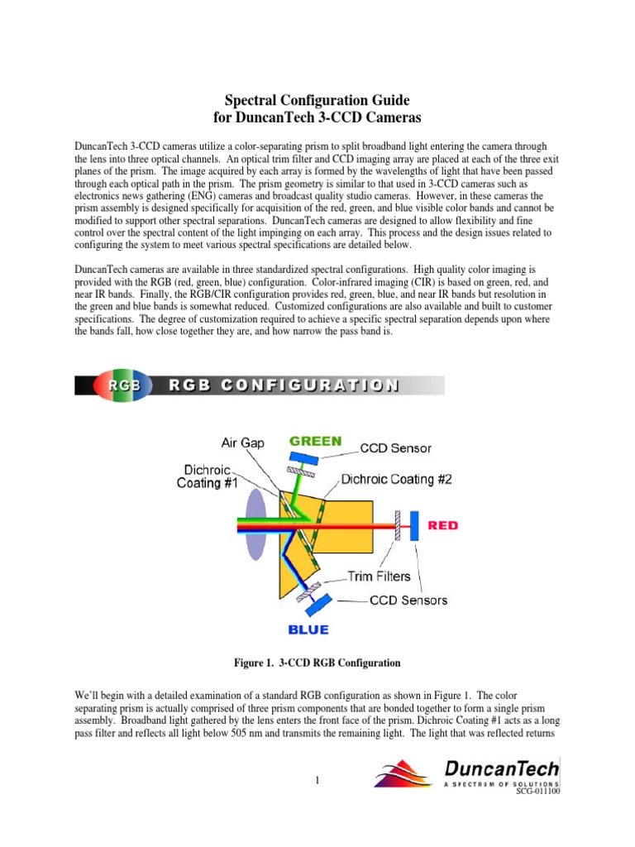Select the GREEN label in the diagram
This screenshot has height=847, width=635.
pyautogui.click(x=314, y=442)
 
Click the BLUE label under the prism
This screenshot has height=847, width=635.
pyautogui.click(x=308, y=630)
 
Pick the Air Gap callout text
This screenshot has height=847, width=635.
pyautogui.click(x=243, y=443)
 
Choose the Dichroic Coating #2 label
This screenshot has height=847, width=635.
pyautogui.click(x=397, y=479)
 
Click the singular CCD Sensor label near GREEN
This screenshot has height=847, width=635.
pyautogui.click(x=395, y=448)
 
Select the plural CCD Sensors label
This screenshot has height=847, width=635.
pyautogui.click(x=408, y=601)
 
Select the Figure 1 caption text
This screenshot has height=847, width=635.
pyautogui.click(x=317, y=663)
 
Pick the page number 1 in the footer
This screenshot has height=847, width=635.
pyautogui.click(x=317, y=779)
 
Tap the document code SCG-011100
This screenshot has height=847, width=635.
pyautogui.click(x=538, y=792)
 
